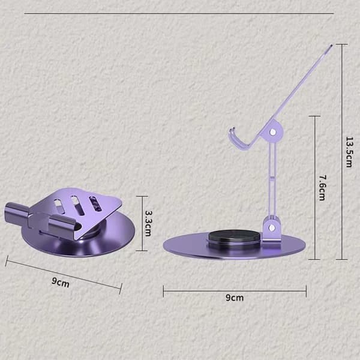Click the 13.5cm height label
pos(349,152)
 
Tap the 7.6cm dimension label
pos(322,188)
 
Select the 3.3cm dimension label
pos(148,223)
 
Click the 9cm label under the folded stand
pos(61,283)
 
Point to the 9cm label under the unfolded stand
pos(235,298)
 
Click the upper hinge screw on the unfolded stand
pos(273,132)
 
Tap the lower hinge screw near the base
pos(272,227)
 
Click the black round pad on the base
pos(235,237)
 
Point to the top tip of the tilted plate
pos(331,45)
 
